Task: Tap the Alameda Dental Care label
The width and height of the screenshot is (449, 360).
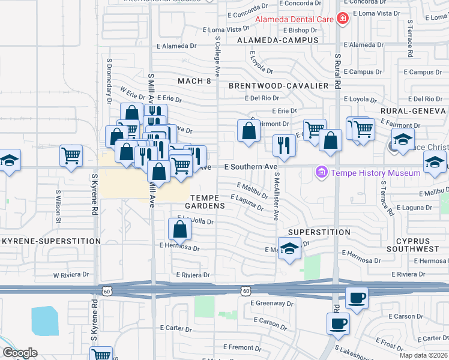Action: point(295,19)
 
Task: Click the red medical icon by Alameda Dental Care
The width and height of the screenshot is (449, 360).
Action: point(343,19)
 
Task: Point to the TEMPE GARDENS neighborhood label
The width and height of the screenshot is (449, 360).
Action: point(208,201)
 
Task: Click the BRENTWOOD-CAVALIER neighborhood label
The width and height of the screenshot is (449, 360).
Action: point(279,86)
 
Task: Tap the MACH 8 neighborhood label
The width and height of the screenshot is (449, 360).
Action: point(194,80)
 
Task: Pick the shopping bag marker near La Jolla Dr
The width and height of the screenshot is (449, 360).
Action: point(179,229)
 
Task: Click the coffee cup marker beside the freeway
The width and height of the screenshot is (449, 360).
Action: point(357,298)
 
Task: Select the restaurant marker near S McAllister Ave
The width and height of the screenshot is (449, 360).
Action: point(283,145)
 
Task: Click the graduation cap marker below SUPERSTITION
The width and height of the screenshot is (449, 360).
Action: point(289,248)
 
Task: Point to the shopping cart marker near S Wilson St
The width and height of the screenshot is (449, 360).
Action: point(71,156)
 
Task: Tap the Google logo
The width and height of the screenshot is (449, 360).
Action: point(20,353)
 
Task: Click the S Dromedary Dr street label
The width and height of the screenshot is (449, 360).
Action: point(110,82)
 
